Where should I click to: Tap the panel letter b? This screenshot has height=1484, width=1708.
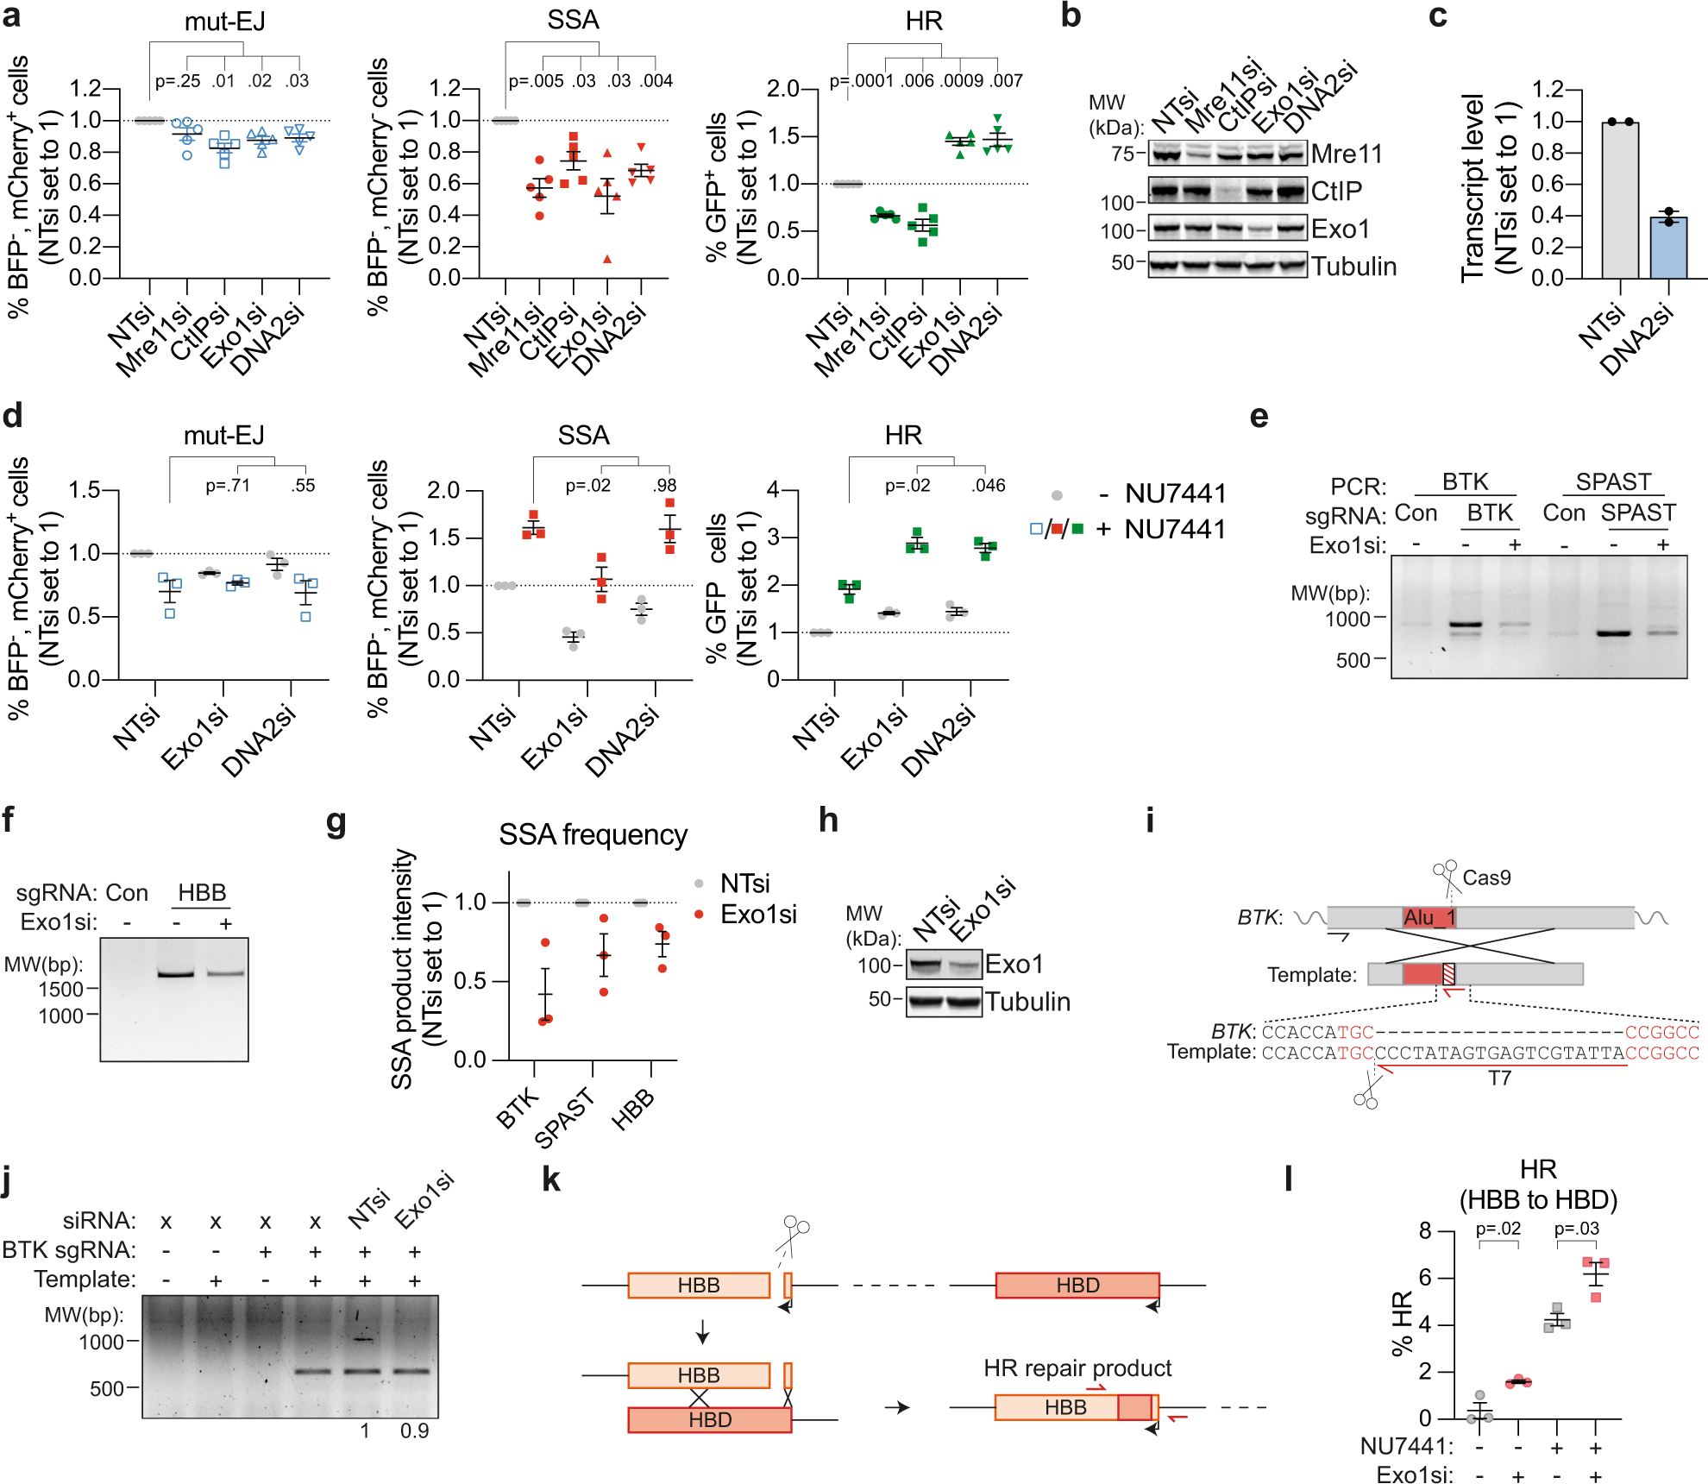[1071, 16]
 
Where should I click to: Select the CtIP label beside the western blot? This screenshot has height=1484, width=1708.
[1336, 191]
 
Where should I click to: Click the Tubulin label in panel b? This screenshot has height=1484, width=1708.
[1353, 267]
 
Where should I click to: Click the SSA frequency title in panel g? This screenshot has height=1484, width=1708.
[593, 835]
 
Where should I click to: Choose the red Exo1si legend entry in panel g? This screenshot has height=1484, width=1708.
[757, 915]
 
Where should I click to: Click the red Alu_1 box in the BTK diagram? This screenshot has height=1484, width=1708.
[1429, 917]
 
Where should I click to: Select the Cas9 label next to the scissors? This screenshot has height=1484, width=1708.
[1486, 877]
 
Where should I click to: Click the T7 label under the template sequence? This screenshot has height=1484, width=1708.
[1499, 1078]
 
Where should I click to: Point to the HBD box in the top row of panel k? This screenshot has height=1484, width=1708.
[1077, 1285]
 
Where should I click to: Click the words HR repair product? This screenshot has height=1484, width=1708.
[1077, 1368]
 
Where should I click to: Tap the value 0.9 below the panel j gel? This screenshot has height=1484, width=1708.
[414, 1431]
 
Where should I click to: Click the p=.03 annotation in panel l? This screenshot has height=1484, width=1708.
[1576, 1229]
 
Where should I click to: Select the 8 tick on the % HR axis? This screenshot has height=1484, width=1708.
[1425, 1230]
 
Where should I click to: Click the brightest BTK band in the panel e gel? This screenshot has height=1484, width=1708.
[1465, 624]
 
